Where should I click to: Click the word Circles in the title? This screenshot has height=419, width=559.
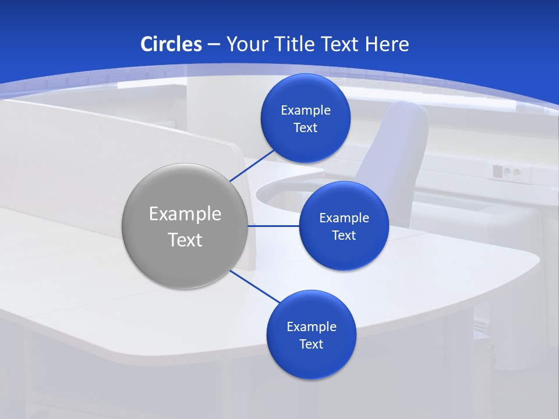[171, 44]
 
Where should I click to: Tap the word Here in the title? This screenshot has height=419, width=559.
[387, 44]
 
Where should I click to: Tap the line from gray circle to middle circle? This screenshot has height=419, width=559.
[274, 225]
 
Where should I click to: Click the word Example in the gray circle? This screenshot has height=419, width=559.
[185, 214]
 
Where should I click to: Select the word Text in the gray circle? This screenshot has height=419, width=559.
[185, 240]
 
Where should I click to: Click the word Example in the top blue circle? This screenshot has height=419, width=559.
[306, 110]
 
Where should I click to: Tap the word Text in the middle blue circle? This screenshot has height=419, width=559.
[344, 235]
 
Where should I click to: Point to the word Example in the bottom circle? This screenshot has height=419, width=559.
[312, 326]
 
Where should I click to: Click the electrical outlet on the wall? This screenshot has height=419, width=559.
[506, 172]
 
